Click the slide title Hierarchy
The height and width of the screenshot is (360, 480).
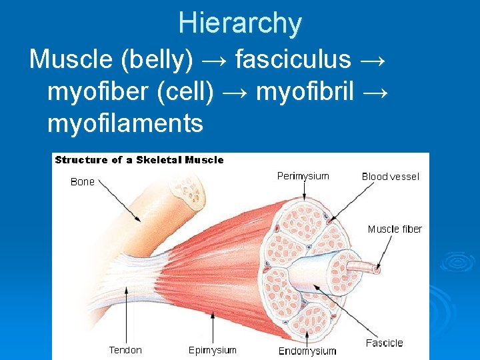(x=240, y=24)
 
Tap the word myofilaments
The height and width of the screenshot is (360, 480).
(x=125, y=123)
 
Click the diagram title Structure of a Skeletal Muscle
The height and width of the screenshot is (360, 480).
(x=139, y=160)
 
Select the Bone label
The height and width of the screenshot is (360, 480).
(x=83, y=182)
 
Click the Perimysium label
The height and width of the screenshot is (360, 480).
(x=303, y=177)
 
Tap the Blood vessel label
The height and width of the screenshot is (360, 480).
(x=391, y=177)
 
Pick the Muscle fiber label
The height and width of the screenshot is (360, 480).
(x=395, y=229)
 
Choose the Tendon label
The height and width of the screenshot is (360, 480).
(x=125, y=349)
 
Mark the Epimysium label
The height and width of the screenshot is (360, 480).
(x=212, y=349)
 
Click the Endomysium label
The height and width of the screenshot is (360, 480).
(x=307, y=351)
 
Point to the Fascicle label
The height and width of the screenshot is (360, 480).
(x=385, y=343)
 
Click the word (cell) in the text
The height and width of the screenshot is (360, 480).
(x=185, y=91)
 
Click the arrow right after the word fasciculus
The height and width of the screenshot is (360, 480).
(x=371, y=59)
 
